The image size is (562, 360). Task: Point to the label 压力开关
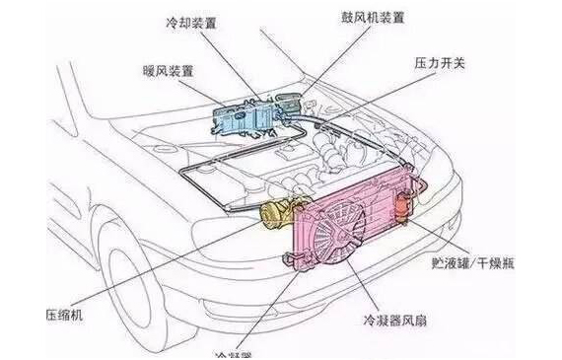436,62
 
